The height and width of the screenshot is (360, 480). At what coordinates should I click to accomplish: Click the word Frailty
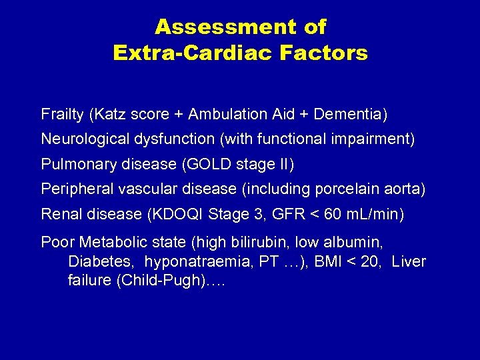click(62, 115)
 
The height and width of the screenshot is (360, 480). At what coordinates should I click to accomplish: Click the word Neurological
click(83, 139)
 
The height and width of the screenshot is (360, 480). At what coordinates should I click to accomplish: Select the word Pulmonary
click(73, 164)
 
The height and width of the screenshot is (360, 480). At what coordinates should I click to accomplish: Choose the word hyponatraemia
click(186, 262)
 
